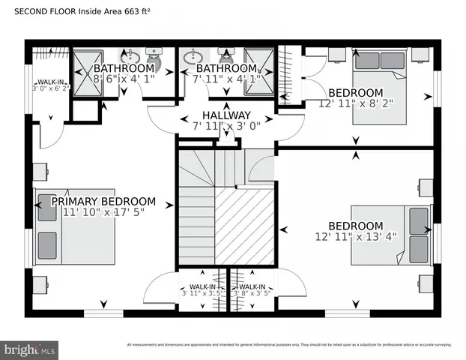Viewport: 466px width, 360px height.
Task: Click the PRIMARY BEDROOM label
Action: pyautogui.click(x=103, y=202)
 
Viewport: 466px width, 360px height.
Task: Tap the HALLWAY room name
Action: pyautogui.click(x=226, y=115)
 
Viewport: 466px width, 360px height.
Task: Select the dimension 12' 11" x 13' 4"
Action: pyautogui.click(x=356, y=236)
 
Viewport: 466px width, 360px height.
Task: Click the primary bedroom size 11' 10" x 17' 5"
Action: pyautogui.click(x=103, y=213)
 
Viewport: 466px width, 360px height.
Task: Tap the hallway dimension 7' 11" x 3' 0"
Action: pyautogui.click(x=226, y=126)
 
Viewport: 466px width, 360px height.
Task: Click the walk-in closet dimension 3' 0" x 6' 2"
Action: pyautogui.click(x=50, y=88)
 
